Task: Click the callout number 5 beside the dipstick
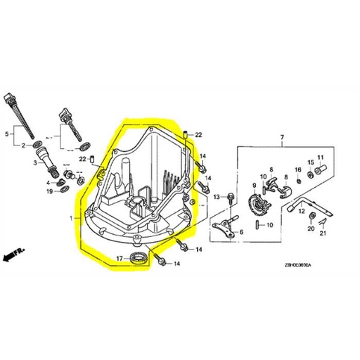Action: [x=6, y=132]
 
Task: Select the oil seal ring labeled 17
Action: [x=139, y=258]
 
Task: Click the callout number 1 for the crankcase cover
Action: [x=70, y=219]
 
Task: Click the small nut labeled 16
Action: [x=298, y=181]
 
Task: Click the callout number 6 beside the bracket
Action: [x=240, y=231]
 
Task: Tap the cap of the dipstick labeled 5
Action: [x=10, y=98]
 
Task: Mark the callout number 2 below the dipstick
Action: [x=24, y=145]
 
